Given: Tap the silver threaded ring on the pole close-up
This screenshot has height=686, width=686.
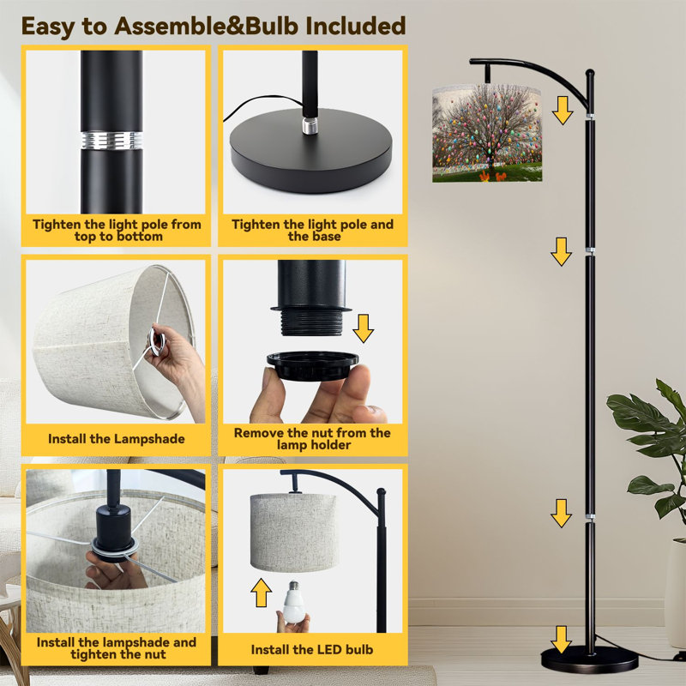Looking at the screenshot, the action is (111, 140).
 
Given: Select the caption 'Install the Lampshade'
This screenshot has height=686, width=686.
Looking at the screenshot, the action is (117, 439).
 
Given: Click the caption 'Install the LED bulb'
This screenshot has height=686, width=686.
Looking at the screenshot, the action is (312, 650).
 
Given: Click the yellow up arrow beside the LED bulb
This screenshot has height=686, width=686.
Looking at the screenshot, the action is (262, 593).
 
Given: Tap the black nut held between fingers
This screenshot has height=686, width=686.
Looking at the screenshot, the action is (312, 365).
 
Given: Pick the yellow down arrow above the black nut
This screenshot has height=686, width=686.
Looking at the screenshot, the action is (363, 328).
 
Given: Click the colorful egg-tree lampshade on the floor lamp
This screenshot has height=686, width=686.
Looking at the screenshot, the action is (487, 133).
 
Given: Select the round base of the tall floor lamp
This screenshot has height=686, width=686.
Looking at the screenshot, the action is (589, 659).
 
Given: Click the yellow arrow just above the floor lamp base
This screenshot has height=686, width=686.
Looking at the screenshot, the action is (561, 639).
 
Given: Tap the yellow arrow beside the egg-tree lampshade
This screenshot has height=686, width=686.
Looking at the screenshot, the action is (563, 111).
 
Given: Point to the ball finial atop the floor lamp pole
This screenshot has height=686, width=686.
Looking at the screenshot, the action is (590, 73).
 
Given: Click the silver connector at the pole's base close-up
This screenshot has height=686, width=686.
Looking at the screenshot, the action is (310, 125).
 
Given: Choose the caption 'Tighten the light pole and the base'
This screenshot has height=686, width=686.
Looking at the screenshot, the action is (312, 230).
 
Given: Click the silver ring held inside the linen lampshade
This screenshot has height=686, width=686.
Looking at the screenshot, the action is (157, 340).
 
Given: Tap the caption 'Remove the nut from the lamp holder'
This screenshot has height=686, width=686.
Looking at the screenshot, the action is (312, 439).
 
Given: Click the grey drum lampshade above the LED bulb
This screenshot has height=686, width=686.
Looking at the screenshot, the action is (294, 533).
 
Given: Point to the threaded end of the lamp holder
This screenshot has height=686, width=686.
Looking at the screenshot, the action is (311, 322).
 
